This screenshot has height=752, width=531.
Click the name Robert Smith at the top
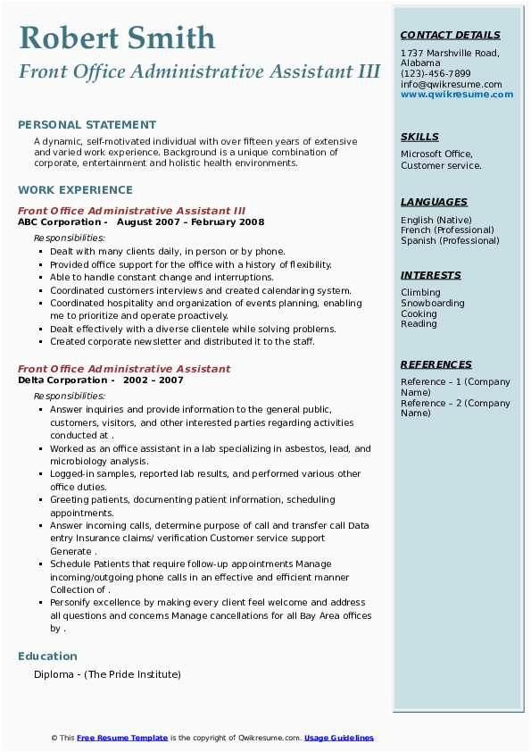tap(117, 38)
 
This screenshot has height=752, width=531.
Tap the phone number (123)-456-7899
tap(436, 74)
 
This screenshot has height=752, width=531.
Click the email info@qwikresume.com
tap(451, 84)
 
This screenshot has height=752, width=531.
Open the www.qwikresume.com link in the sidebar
tap(457, 94)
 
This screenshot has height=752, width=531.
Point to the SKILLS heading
tap(419, 137)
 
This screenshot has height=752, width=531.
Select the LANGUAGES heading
tap(434, 202)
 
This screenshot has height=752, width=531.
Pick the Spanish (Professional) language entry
tap(450, 240)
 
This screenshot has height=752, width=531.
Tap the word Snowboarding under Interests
tap(432, 303)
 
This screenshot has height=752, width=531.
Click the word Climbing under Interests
tap(420, 292)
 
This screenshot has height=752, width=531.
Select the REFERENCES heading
tap(436, 364)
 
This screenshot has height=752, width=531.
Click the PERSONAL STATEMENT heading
tap(87, 125)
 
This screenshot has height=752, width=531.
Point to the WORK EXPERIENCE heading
tap(75, 189)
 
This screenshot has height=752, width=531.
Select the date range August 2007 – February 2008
tap(190, 221)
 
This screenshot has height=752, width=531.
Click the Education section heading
tap(47, 656)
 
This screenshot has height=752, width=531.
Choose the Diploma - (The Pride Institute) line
tap(107, 674)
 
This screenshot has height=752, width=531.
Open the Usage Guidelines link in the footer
tap(338, 738)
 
